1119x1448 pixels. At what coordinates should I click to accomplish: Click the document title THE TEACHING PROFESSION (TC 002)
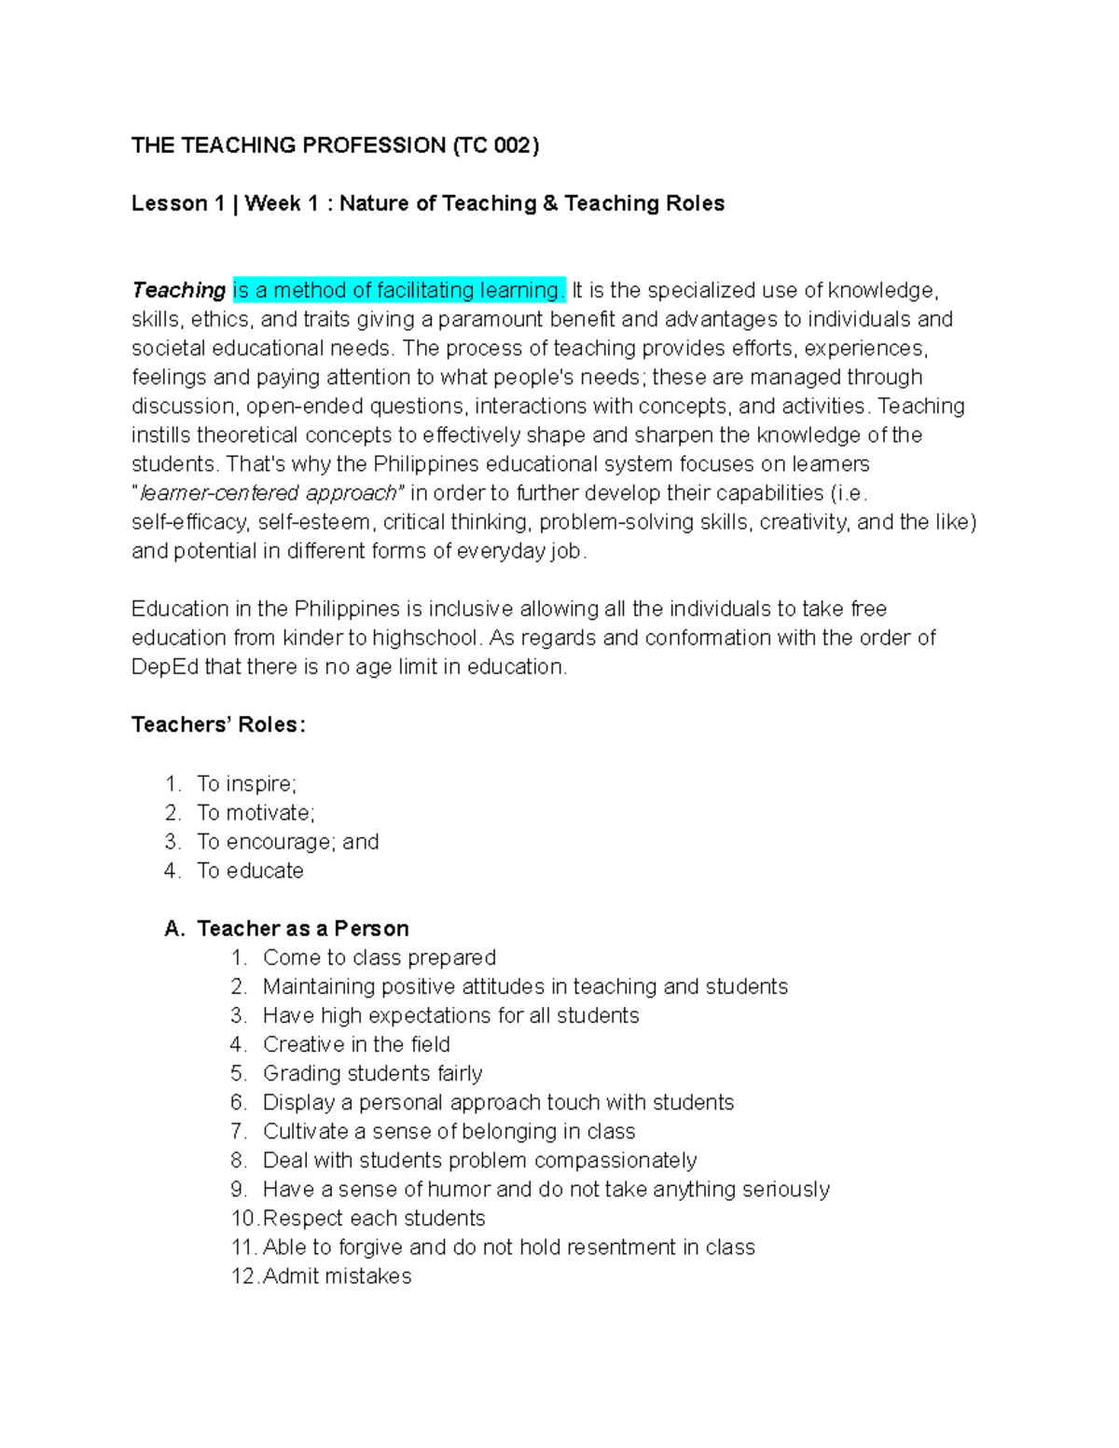coord(335,145)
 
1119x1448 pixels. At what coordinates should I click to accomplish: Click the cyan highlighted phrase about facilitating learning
coord(398,291)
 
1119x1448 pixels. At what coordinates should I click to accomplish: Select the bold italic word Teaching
coord(178,291)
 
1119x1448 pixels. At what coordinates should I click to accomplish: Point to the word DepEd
coord(164,668)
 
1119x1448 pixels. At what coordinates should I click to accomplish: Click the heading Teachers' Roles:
coord(217,725)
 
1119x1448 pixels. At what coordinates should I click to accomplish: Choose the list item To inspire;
coord(246,784)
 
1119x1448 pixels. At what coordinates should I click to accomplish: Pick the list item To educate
coord(250,871)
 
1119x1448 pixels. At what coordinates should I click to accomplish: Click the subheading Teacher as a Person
coord(303,929)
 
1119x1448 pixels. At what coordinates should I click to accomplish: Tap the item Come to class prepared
coord(379,958)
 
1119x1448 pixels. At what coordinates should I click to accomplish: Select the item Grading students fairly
coord(372,1073)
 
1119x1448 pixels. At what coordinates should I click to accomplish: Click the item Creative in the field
coord(356,1044)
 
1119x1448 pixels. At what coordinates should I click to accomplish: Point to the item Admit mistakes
coord(337,1276)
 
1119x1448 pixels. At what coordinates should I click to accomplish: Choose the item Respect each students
coord(374,1219)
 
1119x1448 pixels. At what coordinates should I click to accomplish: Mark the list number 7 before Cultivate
coord(238,1132)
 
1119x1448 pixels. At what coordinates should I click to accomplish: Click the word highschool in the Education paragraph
coord(426,639)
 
